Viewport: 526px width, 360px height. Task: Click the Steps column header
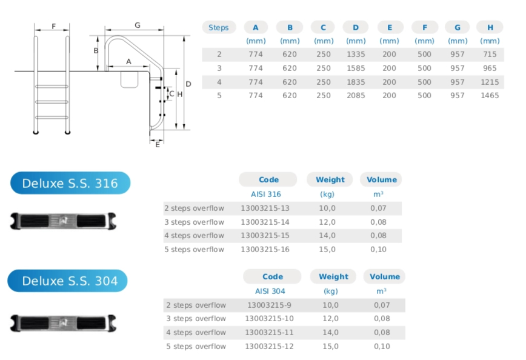[218, 27]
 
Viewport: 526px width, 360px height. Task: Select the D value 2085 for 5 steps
[356, 95]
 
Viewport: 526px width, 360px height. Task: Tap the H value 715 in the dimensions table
[490, 55]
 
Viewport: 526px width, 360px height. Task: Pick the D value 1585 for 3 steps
[356, 68]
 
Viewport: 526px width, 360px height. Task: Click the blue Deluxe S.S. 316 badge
[70, 183]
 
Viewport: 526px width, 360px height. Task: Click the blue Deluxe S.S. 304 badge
[68, 281]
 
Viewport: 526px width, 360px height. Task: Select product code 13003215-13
[265, 208]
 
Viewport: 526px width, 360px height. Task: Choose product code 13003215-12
[269, 346]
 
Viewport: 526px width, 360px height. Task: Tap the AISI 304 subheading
[270, 291]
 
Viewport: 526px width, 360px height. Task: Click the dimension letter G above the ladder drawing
[138, 25]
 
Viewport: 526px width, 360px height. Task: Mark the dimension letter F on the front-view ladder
[53, 26]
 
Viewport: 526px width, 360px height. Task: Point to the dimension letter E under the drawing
[158, 144]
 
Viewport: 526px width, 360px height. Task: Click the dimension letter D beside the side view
[188, 84]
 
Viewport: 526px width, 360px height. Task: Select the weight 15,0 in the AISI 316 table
[327, 249]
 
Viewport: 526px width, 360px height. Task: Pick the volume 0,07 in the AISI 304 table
[382, 305]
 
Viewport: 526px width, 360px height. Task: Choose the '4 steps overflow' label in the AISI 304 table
[196, 332]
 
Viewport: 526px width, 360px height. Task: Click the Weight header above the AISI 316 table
[330, 179]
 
